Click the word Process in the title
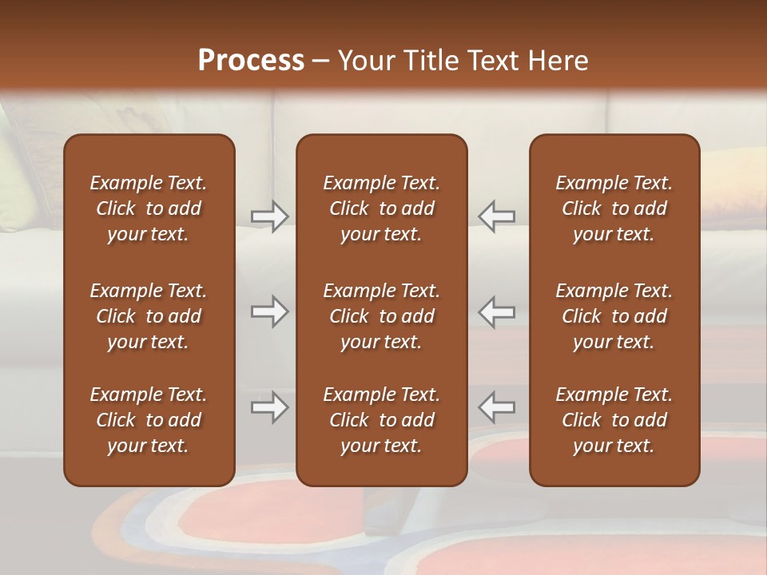point(251,61)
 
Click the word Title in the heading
point(431,61)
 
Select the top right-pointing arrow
point(269,216)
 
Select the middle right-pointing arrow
point(269,311)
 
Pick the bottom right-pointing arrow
point(269,407)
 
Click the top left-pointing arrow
point(497,216)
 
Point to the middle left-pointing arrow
point(497,311)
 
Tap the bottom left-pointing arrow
point(497,407)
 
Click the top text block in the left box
point(149,208)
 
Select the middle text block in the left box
point(149,316)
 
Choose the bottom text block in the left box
point(149,420)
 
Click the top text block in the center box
point(381,208)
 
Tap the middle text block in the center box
point(381,316)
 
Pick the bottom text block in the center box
point(381,420)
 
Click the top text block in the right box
point(614,208)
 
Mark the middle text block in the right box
point(614,316)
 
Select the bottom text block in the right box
point(614,420)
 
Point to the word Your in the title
point(366,61)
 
